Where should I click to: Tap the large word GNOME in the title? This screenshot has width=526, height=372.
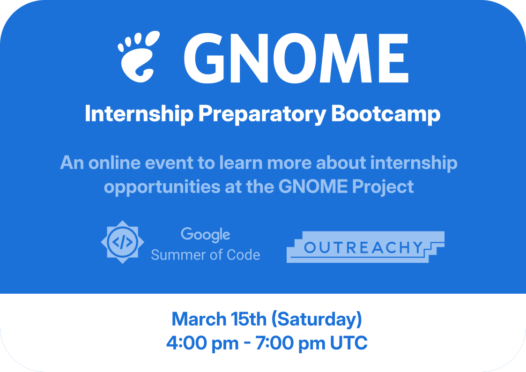click(x=296, y=58)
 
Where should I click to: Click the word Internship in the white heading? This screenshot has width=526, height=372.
click(x=139, y=114)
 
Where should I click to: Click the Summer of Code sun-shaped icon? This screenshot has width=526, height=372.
click(x=122, y=242)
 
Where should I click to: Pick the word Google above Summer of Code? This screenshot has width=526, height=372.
click(x=205, y=234)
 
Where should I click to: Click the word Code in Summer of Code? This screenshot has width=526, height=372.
click(x=243, y=255)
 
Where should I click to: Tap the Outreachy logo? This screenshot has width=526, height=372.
click(x=365, y=247)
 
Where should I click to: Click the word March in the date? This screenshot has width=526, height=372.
click(x=199, y=319)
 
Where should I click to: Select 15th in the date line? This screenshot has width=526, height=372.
click(x=248, y=319)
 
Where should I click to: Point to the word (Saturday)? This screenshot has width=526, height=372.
click(x=316, y=320)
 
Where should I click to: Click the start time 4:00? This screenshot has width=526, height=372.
click(x=186, y=343)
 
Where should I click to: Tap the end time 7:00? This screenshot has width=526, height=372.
click(x=275, y=343)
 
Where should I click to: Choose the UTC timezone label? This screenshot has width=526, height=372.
click(x=349, y=343)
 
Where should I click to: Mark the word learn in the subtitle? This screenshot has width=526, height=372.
click(x=241, y=163)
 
